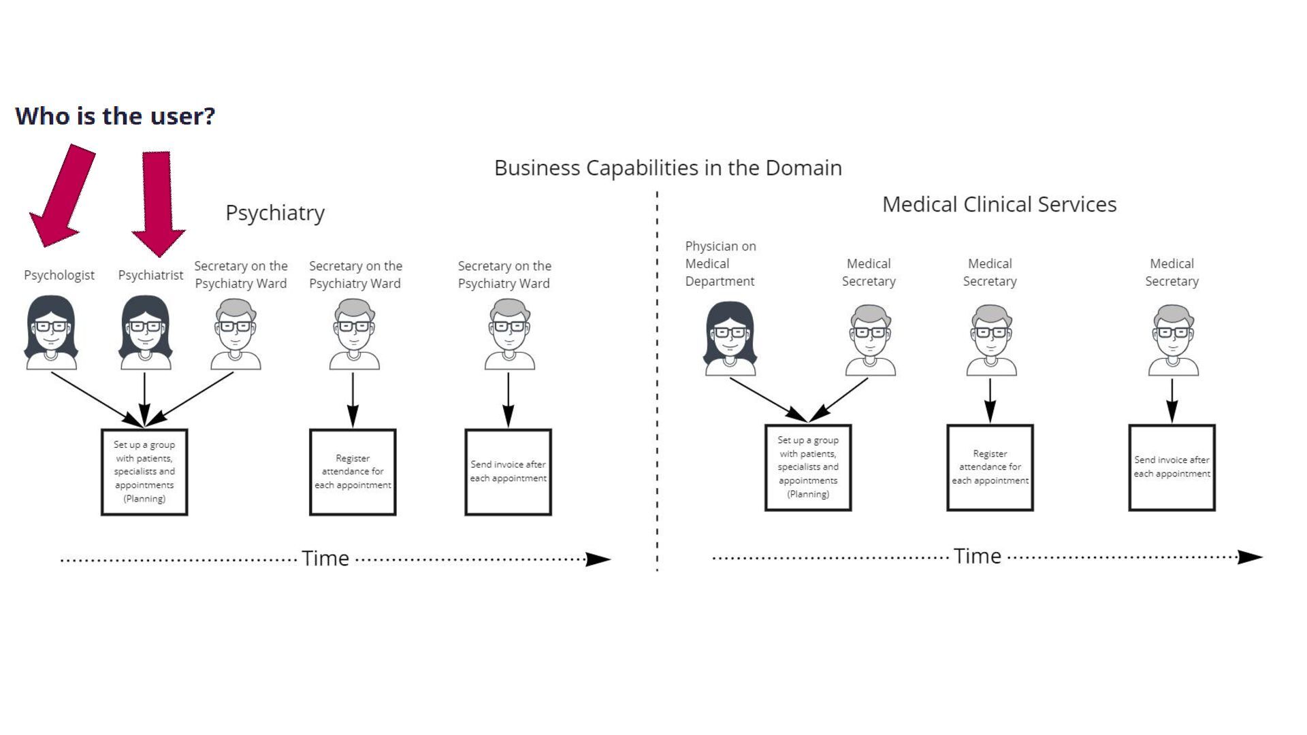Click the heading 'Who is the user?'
pos(115,116)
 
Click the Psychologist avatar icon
pos(51,333)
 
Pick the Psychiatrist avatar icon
pos(145,333)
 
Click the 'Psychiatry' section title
pos(275,213)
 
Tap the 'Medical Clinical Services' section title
pos(999,204)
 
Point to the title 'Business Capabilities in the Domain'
pos(668,167)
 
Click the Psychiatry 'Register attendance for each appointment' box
pos(353,472)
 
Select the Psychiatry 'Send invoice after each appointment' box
pos(508,472)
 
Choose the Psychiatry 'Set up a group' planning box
pos(144,472)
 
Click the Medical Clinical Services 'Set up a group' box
pos(808,468)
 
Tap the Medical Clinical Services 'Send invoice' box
pos(1172,468)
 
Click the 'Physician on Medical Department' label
pos(720,263)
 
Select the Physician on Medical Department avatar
pos(730,339)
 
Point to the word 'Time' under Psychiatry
pos(325,559)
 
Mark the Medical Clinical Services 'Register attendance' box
pos(990,468)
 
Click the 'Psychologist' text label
pos(59,275)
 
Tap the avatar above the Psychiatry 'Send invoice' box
pos(509,335)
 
